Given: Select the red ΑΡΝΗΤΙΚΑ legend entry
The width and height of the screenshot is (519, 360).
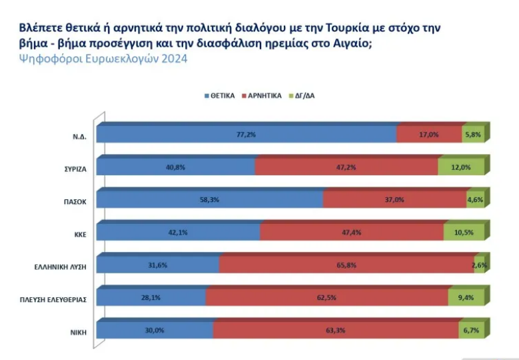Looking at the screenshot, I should pos(267,96).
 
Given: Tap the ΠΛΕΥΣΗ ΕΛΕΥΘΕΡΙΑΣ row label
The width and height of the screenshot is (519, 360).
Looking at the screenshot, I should pos(55,298).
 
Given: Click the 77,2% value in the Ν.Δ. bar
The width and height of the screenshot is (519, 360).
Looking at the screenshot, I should pos(247,134).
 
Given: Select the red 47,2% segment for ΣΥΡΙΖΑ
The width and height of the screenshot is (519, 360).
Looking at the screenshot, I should pos(346,167).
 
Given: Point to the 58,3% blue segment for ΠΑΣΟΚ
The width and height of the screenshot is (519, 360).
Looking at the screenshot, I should pos(210,199).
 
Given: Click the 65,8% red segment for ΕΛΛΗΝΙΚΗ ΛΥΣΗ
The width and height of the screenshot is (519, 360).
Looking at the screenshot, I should pos(346,265).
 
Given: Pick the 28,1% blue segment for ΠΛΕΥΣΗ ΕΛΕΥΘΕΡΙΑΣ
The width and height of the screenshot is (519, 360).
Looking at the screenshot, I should pos(151,298).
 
